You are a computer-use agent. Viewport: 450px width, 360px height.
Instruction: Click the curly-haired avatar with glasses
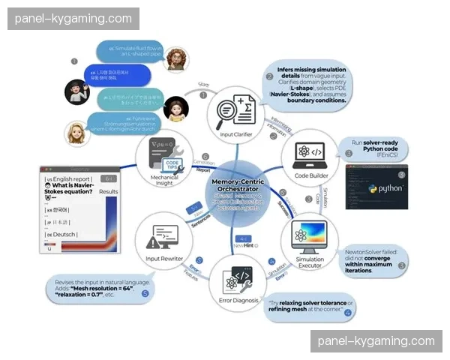pyautogui.click(x=177, y=59)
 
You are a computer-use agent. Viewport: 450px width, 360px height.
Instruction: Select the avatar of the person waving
pyautogui.click(x=77, y=91)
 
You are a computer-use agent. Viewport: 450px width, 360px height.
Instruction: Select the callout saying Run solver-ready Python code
pyautogui.click(x=370, y=146)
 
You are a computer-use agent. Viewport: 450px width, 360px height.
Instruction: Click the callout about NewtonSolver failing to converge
pyautogui.click(x=371, y=260)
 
